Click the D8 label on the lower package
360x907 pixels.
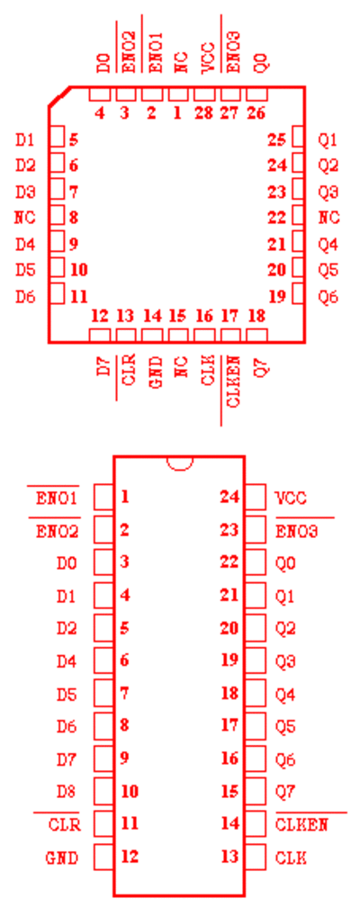pyautogui.click(x=67, y=791)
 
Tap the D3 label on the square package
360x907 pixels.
pyautogui.click(x=25, y=192)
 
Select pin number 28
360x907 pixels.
pyautogui.click(x=203, y=112)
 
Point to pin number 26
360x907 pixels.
pyautogui.click(x=256, y=112)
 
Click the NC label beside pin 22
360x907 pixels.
pyautogui.click(x=328, y=218)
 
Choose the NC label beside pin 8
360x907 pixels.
pyautogui.click(x=25, y=218)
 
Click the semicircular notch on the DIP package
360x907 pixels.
pyautogui.click(x=179, y=462)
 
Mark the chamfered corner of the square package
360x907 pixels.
pyautogui.click(x=59, y=96)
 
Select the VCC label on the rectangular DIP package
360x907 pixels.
pyautogui.click(x=291, y=498)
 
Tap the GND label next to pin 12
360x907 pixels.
pyautogui.click(x=62, y=858)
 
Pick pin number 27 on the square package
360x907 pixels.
pyautogui.click(x=229, y=112)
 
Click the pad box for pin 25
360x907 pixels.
pyautogui.click(x=298, y=139)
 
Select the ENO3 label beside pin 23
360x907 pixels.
pyautogui.click(x=297, y=531)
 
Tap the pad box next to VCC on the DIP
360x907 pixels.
pyautogui.click(x=256, y=497)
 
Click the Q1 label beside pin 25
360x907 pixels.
pyautogui.click(x=328, y=139)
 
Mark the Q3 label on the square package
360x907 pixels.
pyautogui.click(x=328, y=192)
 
